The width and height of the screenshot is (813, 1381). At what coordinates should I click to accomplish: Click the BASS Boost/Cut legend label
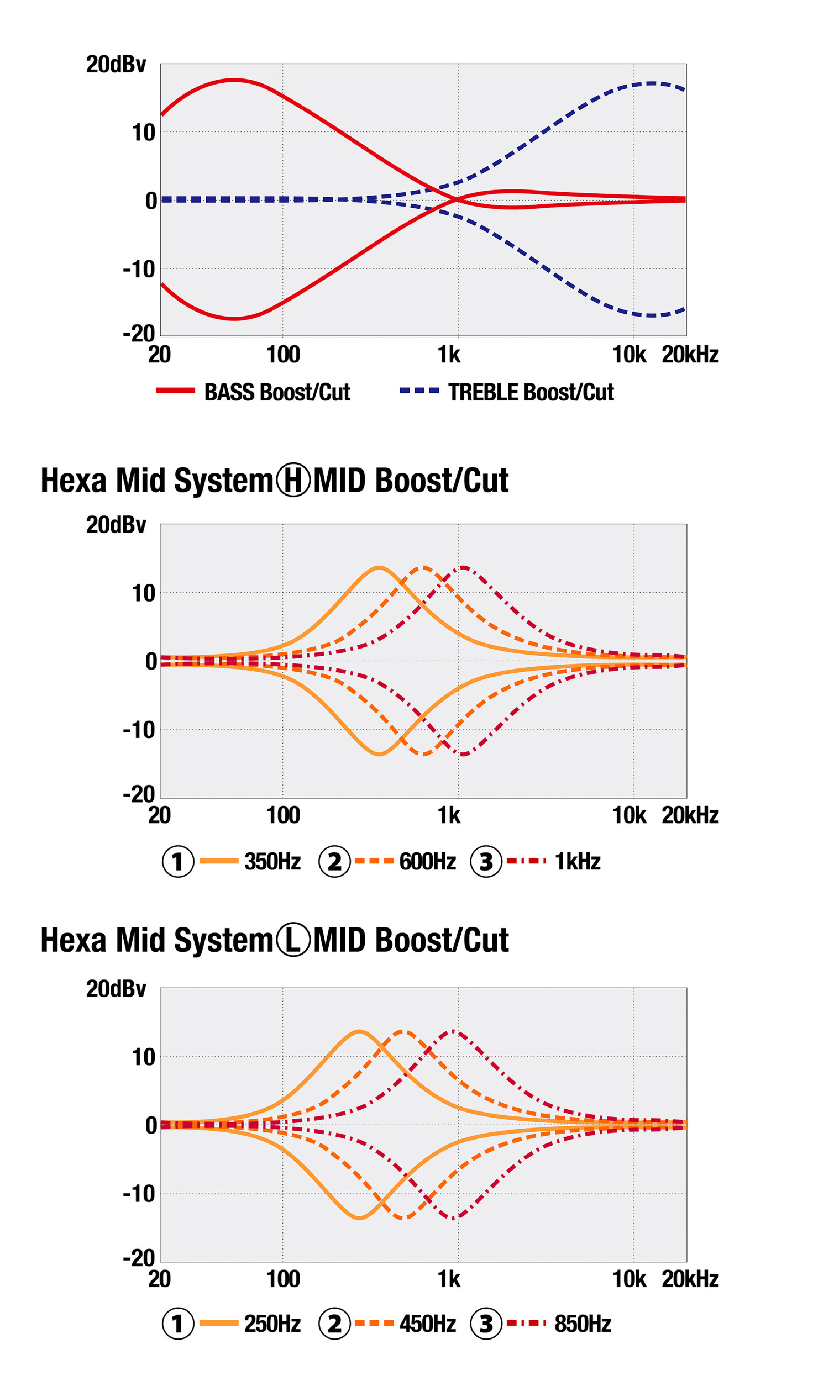pyautogui.click(x=276, y=392)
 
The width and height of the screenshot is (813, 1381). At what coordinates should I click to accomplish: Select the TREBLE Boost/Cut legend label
pyautogui.click(x=530, y=392)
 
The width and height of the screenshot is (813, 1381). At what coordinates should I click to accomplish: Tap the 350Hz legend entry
pyautogui.click(x=272, y=861)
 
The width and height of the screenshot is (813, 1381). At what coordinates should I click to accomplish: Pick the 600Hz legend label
pyautogui.click(x=427, y=861)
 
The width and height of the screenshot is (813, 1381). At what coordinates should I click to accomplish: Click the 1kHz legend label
pyautogui.click(x=577, y=861)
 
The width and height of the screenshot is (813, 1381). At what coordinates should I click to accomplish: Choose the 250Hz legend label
pyautogui.click(x=272, y=1324)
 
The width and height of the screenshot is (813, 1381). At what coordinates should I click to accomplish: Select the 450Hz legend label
pyautogui.click(x=427, y=1324)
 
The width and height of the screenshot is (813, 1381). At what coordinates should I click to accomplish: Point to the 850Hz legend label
pyautogui.click(x=582, y=1324)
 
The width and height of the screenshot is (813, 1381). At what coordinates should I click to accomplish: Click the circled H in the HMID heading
pyautogui.click(x=293, y=479)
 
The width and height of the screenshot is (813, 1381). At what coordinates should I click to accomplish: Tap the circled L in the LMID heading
pyautogui.click(x=293, y=940)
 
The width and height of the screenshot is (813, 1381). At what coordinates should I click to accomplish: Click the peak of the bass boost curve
pyautogui.click(x=234, y=80)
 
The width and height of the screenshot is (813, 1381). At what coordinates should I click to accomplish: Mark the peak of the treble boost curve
pyautogui.click(x=651, y=83)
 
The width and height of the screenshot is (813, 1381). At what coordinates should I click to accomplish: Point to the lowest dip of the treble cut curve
pyautogui.click(x=651, y=315)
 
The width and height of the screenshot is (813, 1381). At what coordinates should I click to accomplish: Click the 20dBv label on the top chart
pyautogui.click(x=116, y=65)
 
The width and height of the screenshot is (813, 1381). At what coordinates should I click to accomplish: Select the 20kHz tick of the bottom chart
pyautogui.click(x=689, y=1279)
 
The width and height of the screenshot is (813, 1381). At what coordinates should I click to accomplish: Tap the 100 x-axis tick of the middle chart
pyautogui.click(x=283, y=815)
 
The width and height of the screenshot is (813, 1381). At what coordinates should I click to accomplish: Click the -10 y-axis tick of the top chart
pyautogui.click(x=139, y=270)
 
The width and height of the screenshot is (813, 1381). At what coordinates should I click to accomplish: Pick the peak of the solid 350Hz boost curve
pyautogui.click(x=379, y=567)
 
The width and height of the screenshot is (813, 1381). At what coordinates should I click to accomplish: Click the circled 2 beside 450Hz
pyautogui.click(x=334, y=1324)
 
